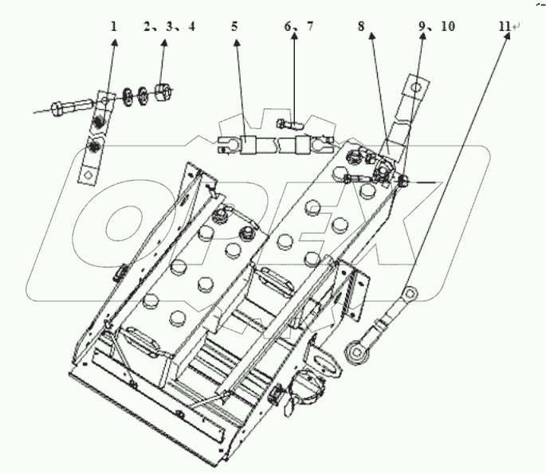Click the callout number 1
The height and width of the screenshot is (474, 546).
point(114,26)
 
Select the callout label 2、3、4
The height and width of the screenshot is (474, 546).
point(169,26)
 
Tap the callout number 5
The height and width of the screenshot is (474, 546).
point(234,26)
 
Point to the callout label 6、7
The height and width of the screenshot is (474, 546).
point(299,26)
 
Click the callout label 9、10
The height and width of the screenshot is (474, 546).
point(436,26)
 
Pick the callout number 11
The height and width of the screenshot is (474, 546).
point(504,26)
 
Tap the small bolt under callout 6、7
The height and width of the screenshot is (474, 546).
point(286,123)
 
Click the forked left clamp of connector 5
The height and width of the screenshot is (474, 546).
point(226,146)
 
